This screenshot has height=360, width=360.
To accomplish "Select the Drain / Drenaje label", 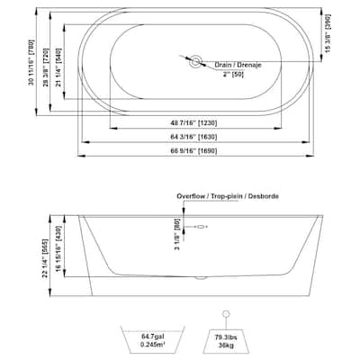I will (236, 65).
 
